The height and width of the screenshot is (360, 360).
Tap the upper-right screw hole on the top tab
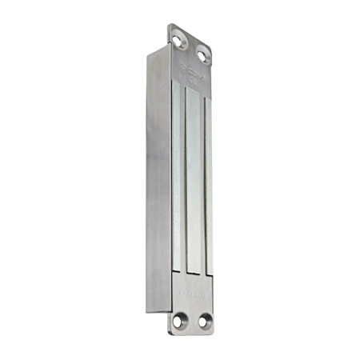coord(203,53)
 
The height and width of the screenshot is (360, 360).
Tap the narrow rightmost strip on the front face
coord(209,184)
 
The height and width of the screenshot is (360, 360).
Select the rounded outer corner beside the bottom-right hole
coord(212,330)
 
